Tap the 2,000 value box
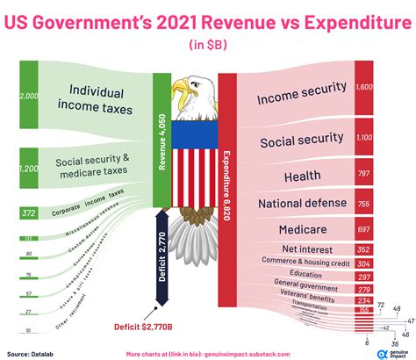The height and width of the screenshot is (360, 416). [x=29, y=97]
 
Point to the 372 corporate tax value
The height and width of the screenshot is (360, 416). [x=29, y=212]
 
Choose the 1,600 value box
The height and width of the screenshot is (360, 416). [x=365, y=88]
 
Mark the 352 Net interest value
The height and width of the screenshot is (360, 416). [x=362, y=248]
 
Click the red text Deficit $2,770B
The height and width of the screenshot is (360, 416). [x=150, y=328]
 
